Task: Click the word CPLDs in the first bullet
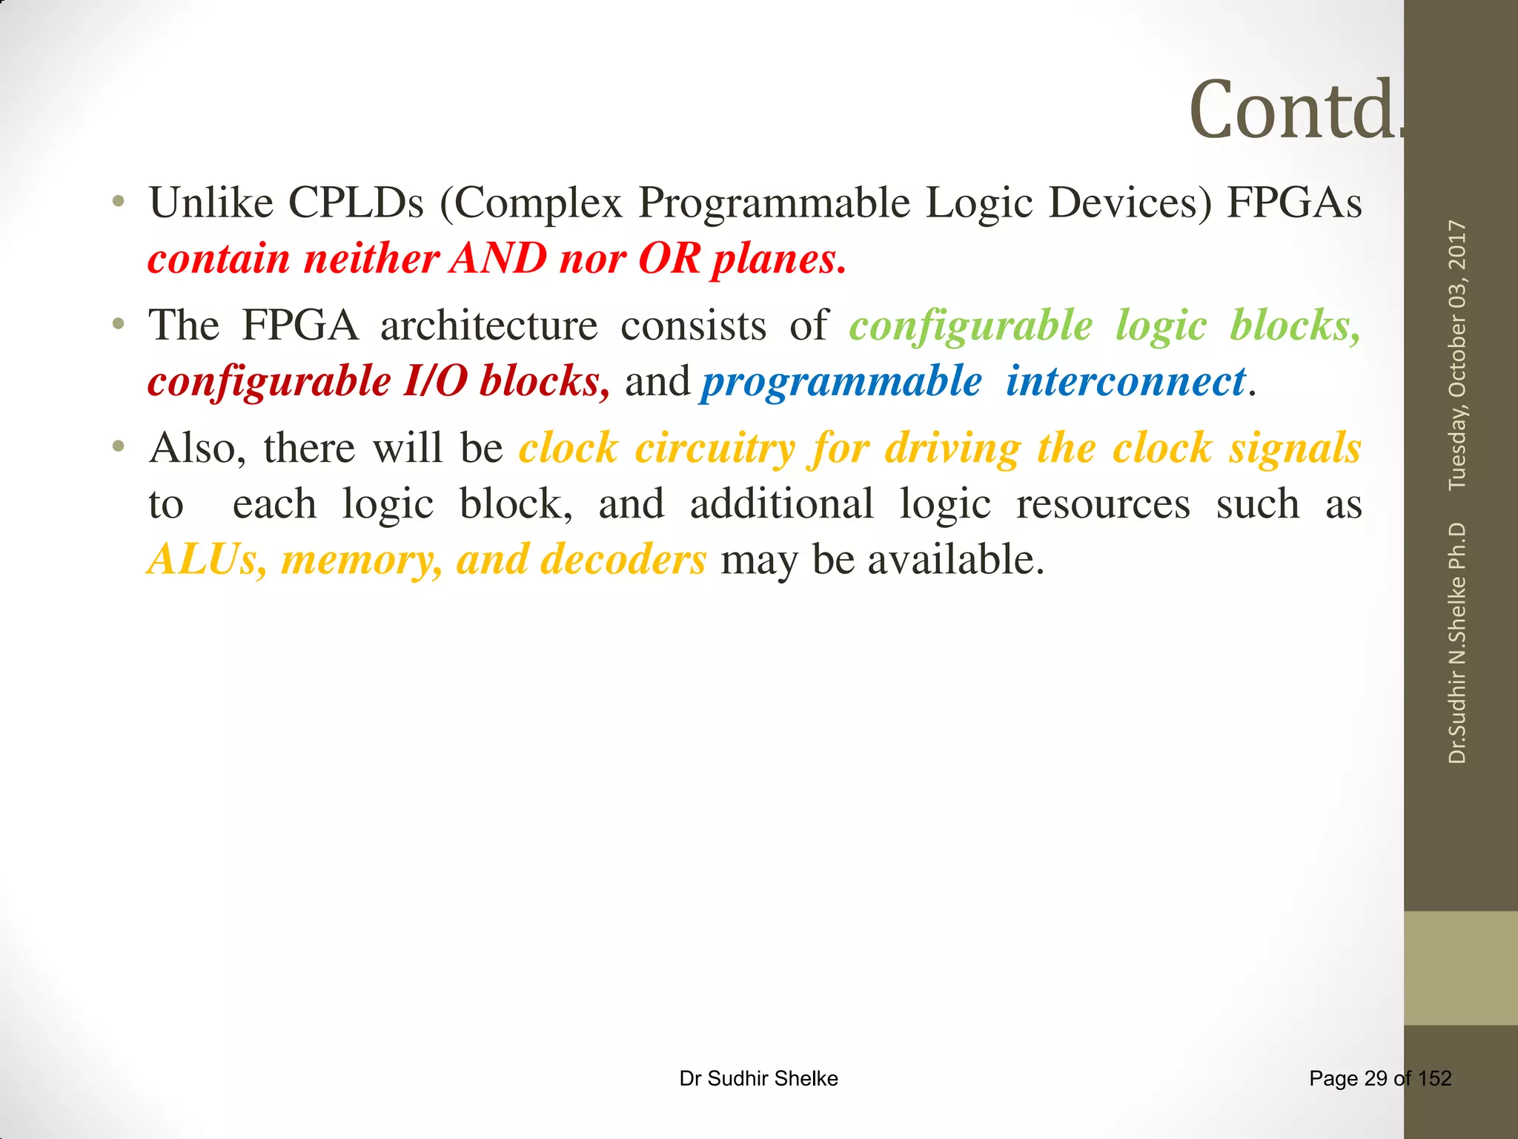click(x=355, y=202)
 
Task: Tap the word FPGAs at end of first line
click(x=1294, y=202)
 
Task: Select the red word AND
click(x=500, y=259)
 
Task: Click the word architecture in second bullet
click(x=488, y=326)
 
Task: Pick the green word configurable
click(x=970, y=326)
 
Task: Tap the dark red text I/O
click(x=435, y=382)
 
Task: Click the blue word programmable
click(x=841, y=382)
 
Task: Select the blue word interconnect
click(x=1125, y=382)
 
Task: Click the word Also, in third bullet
click(x=197, y=449)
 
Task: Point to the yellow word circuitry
click(x=715, y=449)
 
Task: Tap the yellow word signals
click(x=1294, y=449)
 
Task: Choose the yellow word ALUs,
click(x=207, y=560)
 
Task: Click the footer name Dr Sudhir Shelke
click(x=758, y=1078)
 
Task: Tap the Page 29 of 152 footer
click(x=1379, y=1078)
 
